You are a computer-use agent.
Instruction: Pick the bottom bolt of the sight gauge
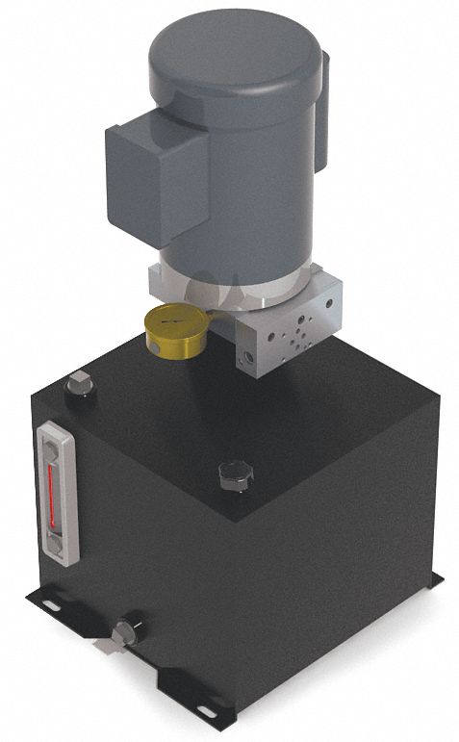(58, 547)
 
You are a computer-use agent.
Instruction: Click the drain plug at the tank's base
(122, 632)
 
